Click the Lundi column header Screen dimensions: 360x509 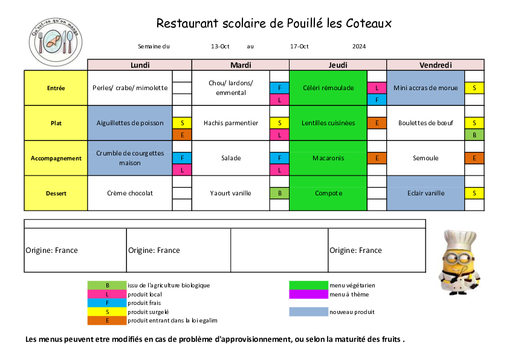(140, 65)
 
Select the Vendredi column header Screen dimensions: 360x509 (435, 65)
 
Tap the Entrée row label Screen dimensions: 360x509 (56, 88)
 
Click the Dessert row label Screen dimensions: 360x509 (56, 194)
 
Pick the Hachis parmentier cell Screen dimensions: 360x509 (231, 123)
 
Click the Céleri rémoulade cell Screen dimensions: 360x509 (328, 88)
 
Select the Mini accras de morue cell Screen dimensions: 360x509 (426, 88)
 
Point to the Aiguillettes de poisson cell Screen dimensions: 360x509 (130, 123)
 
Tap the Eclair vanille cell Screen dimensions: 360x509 (426, 194)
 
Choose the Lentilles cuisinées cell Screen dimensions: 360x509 (328, 123)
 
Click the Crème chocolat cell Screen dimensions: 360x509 (130, 194)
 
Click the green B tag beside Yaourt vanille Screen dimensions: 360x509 (279, 194)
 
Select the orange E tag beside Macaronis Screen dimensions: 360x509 (377, 159)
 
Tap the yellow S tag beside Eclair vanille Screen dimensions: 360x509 (475, 194)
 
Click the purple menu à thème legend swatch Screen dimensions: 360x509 (308, 295)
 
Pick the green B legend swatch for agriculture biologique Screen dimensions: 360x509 (107, 286)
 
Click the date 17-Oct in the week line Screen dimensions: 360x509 (299, 47)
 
